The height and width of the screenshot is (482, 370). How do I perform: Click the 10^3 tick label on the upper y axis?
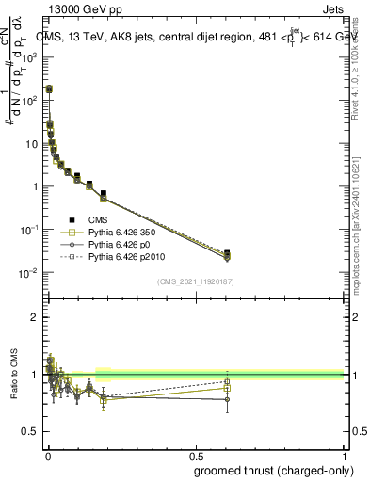point(29,56)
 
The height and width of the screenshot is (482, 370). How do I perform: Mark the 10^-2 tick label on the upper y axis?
point(29,273)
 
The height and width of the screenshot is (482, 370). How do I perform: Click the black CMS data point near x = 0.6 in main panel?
point(227,253)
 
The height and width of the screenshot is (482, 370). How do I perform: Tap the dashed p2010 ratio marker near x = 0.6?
point(227,381)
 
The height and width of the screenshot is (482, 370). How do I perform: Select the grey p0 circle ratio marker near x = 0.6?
point(227,399)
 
